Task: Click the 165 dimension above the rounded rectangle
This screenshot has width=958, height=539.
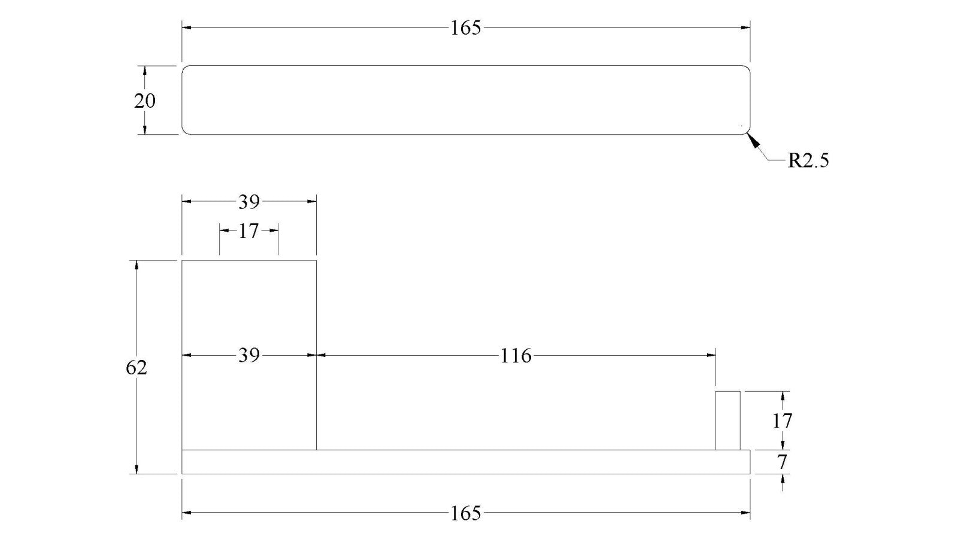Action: pyautogui.click(x=466, y=28)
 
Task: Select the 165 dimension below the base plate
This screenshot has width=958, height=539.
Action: pyautogui.click(x=466, y=513)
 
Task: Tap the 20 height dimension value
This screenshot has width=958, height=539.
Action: pyautogui.click(x=144, y=101)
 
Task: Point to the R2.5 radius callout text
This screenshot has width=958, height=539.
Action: pyautogui.click(x=808, y=161)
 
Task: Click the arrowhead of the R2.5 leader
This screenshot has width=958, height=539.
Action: pyautogui.click(x=753, y=140)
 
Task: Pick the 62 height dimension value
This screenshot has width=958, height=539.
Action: pyautogui.click(x=137, y=368)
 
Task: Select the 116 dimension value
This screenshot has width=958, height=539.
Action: pyautogui.click(x=516, y=356)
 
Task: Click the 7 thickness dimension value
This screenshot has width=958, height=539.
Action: pyautogui.click(x=782, y=462)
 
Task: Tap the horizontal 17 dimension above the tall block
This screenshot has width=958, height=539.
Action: pyautogui.click(x=248, y=231)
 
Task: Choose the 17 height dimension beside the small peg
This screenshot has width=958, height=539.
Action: pyautogui.click(x=782, y=422)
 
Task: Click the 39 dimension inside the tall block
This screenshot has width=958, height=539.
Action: pyautogui.click(x=249, y=356)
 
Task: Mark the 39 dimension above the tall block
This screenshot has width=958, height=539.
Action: pyautogui.click(x=249, y=202)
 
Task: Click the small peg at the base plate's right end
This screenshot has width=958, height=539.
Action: pyautogui.click(x=728, y=420)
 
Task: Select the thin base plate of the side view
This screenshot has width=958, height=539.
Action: pyautogui.click(x=466, y=462)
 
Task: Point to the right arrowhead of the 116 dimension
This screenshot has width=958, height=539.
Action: pyautogui.click(x=711, y=355)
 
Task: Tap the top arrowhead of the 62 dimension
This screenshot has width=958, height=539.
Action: pyautogui.click(x=137, y=265)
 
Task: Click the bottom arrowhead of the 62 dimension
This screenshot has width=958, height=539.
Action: pyautogui.click(x=137, y=469)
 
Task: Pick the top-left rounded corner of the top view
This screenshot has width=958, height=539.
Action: pyautogui.click(x=184, y=68)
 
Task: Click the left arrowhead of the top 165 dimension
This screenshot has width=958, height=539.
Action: pyautogui.click(x=186, y=28)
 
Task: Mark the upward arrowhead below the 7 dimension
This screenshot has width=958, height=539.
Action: pyautogui.click(x=783, y=479)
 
